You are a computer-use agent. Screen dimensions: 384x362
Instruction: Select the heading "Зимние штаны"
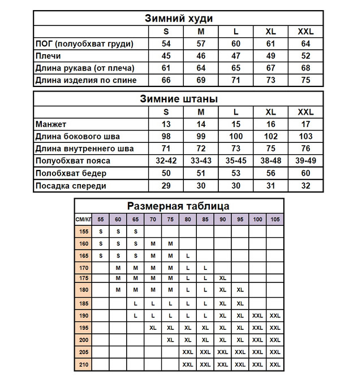click(179, 99)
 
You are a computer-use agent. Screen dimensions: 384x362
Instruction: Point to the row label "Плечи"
click(48, 56)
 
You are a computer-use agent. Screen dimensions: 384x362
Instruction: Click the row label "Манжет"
click(51, 124)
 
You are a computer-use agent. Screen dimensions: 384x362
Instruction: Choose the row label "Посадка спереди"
click(70, 186)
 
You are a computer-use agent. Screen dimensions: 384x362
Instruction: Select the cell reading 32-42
click(166, 161)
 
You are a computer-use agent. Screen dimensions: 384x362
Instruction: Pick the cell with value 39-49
click(305, 161)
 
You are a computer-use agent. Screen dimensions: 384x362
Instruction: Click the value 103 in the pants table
click(305, 136)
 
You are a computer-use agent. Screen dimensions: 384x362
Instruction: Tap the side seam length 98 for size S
click(166, 136)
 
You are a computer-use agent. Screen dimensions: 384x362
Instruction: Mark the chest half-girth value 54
click(166, 43)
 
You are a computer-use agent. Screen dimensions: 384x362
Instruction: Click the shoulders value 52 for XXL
click(305, 56)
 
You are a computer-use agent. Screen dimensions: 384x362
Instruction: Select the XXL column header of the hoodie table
click(305, 32)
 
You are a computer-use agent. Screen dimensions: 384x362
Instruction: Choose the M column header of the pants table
click(201, 112)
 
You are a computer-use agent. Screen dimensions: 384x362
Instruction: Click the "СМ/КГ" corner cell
click(83, 219)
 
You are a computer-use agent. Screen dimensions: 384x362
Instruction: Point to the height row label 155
click(83, 231)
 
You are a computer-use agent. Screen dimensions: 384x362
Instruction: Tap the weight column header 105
click(274, 219)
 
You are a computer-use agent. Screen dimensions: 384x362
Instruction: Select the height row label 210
click(83, 365)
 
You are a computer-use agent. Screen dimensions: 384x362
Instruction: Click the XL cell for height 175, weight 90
click(222, 278)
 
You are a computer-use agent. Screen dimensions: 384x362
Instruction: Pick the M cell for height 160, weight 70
click(153, 243)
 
